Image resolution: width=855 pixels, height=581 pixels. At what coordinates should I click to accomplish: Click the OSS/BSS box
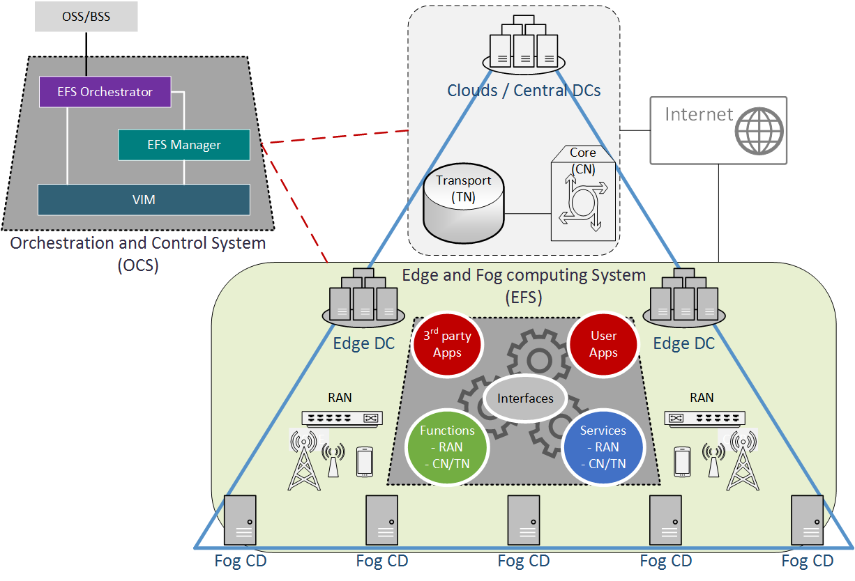click(86, 17)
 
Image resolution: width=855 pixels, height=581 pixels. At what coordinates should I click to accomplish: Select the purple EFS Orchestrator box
click(105, 92)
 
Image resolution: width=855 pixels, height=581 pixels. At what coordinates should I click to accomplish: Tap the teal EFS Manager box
click(183, 145)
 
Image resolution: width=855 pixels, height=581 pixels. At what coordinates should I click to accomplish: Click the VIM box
click(144, 200)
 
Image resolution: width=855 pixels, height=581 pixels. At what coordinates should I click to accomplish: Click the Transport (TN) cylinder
click(463, 202)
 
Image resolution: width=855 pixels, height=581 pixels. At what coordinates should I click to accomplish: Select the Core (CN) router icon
click(583, 202)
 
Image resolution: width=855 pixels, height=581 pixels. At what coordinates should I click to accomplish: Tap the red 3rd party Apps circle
click(447, 344)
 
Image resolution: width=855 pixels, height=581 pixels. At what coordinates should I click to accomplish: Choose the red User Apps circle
click(603, 344)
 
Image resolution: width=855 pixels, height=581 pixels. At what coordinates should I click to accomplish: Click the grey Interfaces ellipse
click(525, 398)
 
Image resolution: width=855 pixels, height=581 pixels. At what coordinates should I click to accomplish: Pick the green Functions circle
click(447, 447)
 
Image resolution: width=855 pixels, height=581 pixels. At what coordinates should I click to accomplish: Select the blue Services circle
click(603, 447)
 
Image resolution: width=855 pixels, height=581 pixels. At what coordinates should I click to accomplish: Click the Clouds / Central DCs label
click(524, 91)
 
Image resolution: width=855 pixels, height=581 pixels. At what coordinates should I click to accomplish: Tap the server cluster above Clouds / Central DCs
click(524, 46)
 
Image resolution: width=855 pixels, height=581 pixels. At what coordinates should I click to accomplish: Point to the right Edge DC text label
click(683, 343)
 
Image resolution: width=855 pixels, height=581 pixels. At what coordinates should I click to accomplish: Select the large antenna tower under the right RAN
click(742, 461)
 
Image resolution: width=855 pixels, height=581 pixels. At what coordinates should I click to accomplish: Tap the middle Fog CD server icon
click(524, 520)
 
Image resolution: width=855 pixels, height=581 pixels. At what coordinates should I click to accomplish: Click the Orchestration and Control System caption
click(138, 244)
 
